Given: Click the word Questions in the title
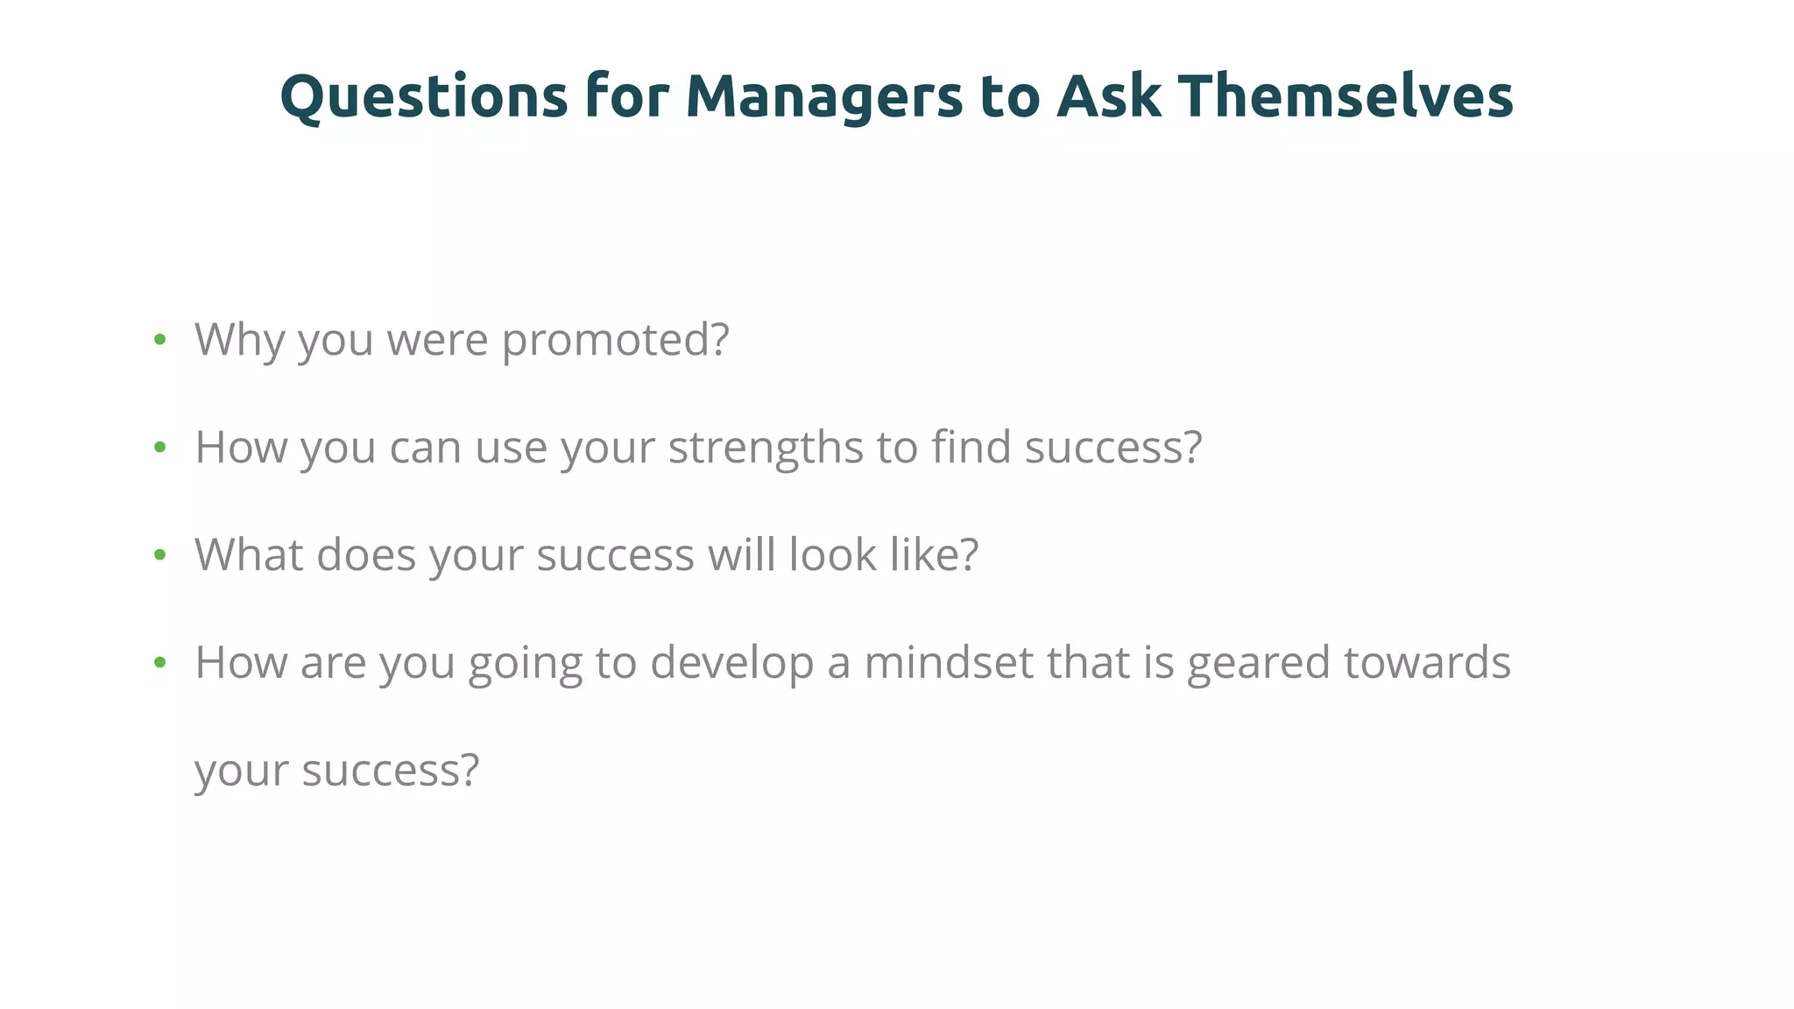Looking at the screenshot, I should coord(424,96).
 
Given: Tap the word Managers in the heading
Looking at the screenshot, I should coord(823,96).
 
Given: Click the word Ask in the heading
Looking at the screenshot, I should coord(1109,96).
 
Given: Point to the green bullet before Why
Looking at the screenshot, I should coord(159,340).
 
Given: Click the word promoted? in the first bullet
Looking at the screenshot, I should coord(615,340).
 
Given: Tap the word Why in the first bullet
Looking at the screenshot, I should coord(239,340).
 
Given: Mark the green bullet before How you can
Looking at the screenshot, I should coord(159,448).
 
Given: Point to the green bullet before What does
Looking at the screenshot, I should coord(159,555).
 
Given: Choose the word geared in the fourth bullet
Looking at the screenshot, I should coord(1258,663).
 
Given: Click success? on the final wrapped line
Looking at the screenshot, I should coord(391,771).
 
